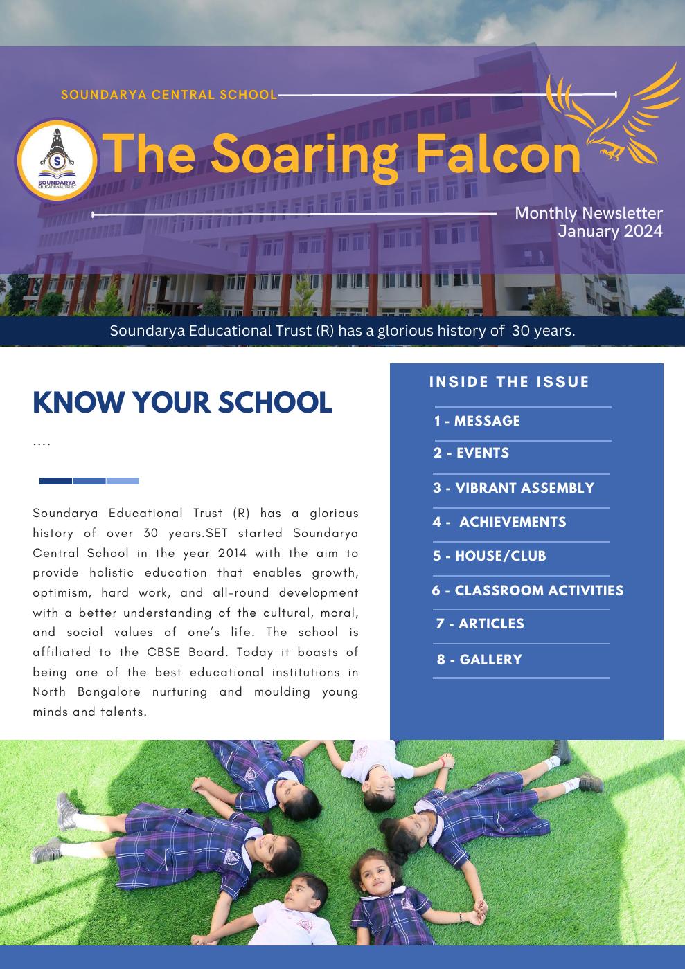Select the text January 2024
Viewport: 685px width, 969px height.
[x=610, y=231]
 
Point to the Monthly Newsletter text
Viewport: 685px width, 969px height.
[x=588, y=213]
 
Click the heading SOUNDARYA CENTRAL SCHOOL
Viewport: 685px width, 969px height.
[x=169, y=95]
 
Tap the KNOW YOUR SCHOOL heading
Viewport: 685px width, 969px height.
[x=182, y=402]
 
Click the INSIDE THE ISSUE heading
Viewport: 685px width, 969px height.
[x=509, y=382]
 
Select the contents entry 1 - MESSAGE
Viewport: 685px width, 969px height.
[x=477, y=421]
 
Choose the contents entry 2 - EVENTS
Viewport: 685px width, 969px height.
[x=471, y=453]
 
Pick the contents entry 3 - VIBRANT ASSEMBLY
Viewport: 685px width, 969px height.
[x=513, y=488]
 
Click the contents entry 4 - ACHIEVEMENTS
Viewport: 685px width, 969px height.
[x=499, y=522]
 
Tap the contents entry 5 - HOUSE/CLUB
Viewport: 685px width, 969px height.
[x=489, y=556]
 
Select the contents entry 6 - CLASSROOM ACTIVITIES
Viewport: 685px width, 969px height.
[x=527, y=590]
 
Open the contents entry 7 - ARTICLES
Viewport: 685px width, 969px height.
[x=480, y=624]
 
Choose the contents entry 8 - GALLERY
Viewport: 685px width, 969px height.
[x=479, y=660]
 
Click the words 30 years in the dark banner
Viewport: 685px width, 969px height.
[x=543, y=331]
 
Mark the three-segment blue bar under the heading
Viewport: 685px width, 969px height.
[x=89, y=481]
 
